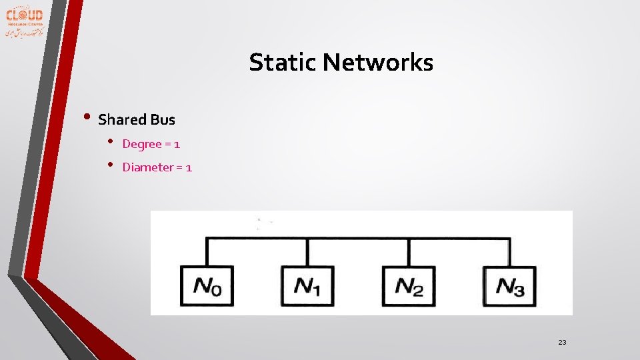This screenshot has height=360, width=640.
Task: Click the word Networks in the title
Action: coord(378,63)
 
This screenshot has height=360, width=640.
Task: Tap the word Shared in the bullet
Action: coord(122,120)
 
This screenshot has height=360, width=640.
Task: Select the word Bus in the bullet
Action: coord(163,120)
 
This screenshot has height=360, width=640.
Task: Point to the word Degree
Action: coord(142,144)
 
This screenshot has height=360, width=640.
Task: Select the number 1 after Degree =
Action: coord(177,144)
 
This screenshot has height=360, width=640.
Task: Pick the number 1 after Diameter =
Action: coord(189,167)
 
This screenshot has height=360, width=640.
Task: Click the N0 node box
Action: coord(207,286)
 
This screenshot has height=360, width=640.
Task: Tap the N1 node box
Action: coord(307,286)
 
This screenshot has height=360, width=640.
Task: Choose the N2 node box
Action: coord(409,286)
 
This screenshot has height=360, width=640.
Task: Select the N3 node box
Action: coord(510,286)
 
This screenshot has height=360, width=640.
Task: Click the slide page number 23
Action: coord(562,342)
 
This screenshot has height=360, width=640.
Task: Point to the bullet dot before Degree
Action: coord(111,142)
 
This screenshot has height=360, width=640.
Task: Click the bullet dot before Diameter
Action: coord(111,165)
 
